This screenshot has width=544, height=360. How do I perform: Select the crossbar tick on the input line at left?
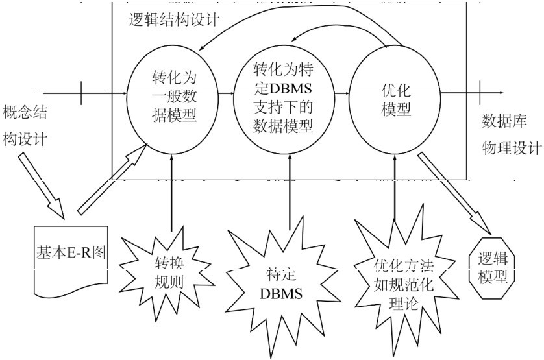tap(81, 93)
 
